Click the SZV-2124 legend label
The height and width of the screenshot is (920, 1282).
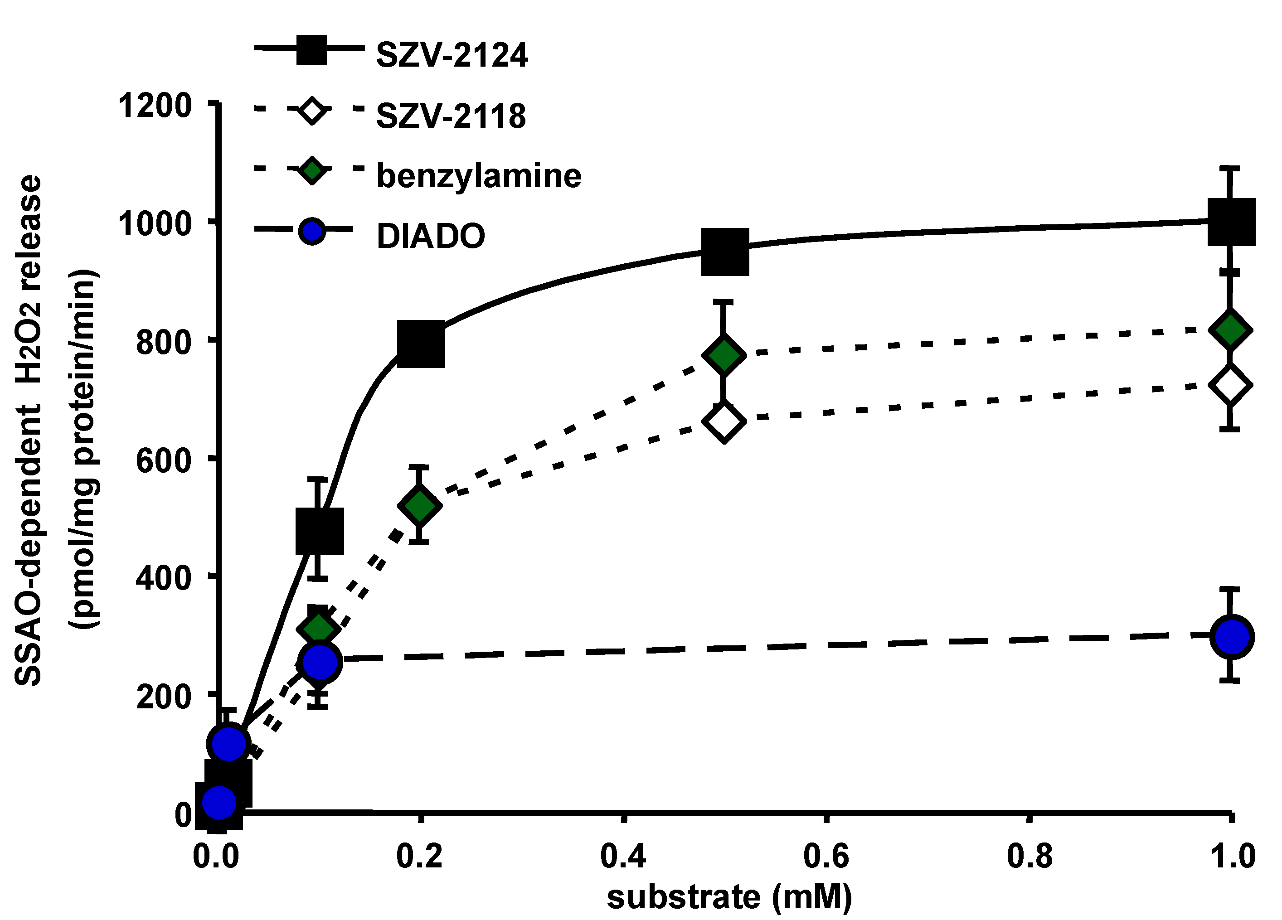pos(452,55)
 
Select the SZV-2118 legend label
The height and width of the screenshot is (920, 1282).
pos(451,116)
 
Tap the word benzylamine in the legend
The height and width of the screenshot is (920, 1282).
pos(478,176)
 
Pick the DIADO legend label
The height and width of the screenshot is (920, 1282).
pos(430,236)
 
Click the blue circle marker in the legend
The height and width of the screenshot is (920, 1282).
pos(311,232)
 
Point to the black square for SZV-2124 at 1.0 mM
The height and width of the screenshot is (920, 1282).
pos(1231,222)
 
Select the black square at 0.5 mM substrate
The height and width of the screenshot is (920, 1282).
pos(725,252)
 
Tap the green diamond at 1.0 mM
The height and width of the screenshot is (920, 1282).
pos(1230,330)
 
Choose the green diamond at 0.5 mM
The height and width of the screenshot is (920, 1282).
pos(724,355)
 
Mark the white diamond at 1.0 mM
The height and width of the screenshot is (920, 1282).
pos(1230,386)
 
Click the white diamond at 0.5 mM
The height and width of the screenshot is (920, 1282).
pos(724,422)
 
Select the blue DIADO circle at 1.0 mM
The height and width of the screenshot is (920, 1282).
pos(1232,637)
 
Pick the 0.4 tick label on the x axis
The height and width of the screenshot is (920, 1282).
pos(622,856)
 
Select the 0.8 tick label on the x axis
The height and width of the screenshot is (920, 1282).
pos(1029,856)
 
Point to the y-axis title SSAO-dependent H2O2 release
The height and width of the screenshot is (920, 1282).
pos(28,430)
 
